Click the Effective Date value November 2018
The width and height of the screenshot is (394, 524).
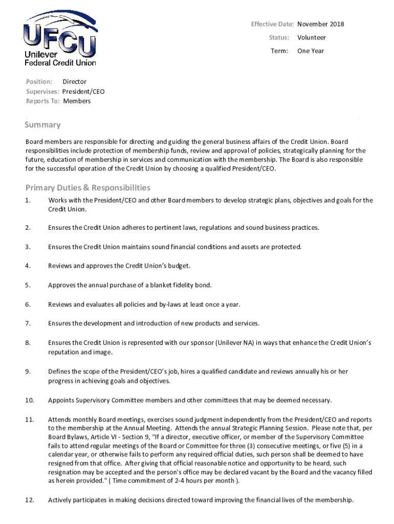pyautogui.click(x=320, y=24)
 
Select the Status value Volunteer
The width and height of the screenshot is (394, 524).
pyautogui.click(x=311, y=37)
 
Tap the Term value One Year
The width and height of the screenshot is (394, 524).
pyautogui.click(x=310, y=51)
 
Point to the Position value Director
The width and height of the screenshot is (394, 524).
pyautogui.click(x=74, y=81)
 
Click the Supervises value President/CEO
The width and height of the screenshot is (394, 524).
pyautogui.click(x=83, y=91)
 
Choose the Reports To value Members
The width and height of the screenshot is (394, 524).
pyautogui.click(x=77, y=101)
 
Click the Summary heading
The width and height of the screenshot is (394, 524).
pyautogui.click(x=43, y=125)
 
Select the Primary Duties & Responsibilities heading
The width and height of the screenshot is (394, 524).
pyautogui.click(x=88, y=188)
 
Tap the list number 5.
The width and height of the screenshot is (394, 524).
pyautogui.click(x=28, y=285)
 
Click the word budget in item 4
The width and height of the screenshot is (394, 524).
pyautogui.click(x=179, y=266)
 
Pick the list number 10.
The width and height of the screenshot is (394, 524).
pyautogui.click(x=30, y=400)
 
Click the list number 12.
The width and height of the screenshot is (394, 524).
pyautogui.click(x=30, y=500)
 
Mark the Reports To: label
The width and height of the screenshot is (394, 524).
pyautogui.click(x=42, y=101)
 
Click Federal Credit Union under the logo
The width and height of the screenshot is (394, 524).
pyautogui.click(x=60, y=62)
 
